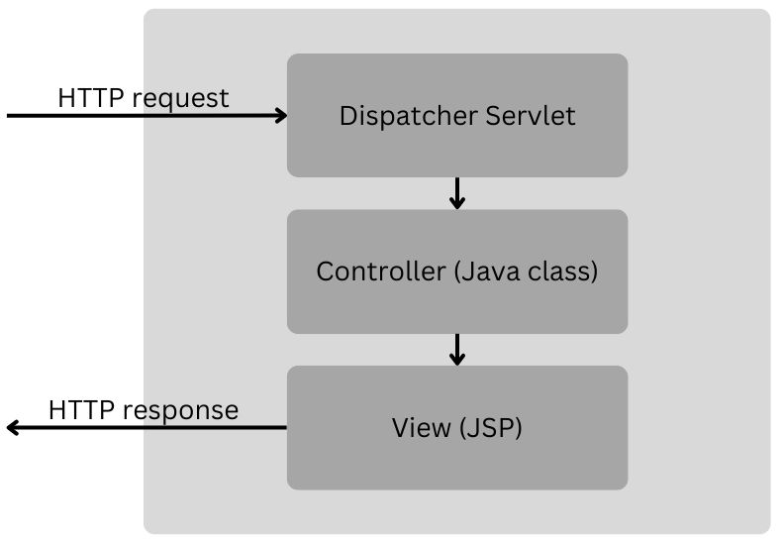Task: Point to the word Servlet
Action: point(531,116)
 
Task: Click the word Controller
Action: point(381,272)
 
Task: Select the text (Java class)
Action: point(526,272)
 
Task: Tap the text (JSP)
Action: point(488,428)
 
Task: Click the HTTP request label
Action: point(143,98)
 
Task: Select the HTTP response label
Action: point(143,410)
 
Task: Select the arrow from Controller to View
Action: point(456,348)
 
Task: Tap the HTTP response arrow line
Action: point(148,428)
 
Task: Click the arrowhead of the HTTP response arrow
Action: point(13,428)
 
